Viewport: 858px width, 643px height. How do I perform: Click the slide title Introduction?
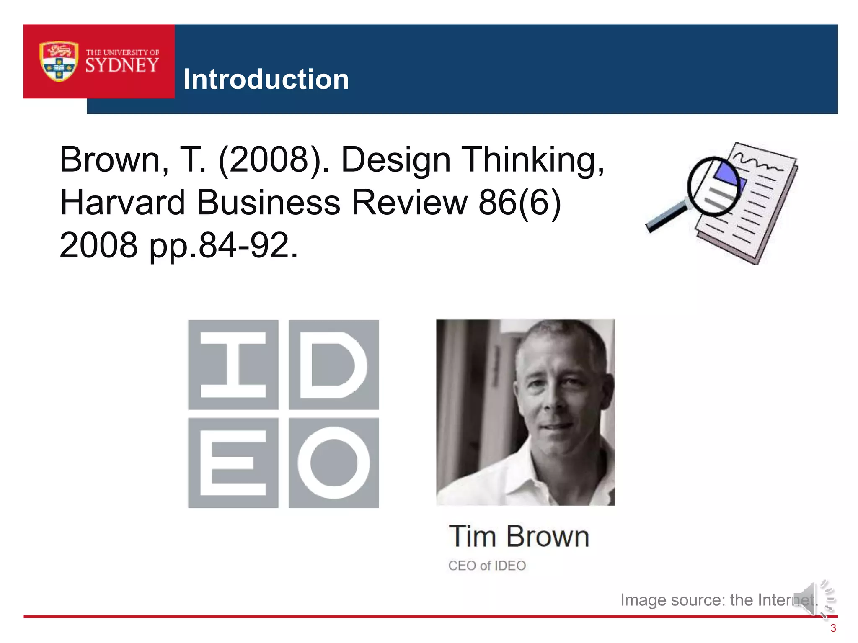[x=266, y=79]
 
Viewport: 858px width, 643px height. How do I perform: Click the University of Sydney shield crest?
[x=59, y=61]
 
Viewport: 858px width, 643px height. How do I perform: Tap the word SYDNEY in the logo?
[x=122, y=65]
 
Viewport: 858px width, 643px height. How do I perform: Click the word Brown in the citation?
[x=110, y=159]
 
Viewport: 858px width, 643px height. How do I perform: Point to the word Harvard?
[x=122, y=202]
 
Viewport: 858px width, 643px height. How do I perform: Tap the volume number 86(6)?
[x=519, y=202]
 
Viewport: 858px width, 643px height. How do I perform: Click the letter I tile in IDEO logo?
[x=233, y=365]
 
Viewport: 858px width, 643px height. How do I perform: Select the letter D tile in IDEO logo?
[x=334, y=365]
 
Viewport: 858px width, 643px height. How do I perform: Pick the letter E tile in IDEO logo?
[x=233, y=463]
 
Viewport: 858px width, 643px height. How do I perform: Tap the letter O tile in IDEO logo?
[x=334, y=463]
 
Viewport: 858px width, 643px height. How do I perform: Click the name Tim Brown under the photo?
[x=519, y=537]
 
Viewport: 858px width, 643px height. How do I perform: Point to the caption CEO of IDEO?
[x=487, y=566]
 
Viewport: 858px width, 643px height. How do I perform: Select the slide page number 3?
[x=833, y=628]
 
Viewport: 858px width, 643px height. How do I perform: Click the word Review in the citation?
[x=409, y=202]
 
